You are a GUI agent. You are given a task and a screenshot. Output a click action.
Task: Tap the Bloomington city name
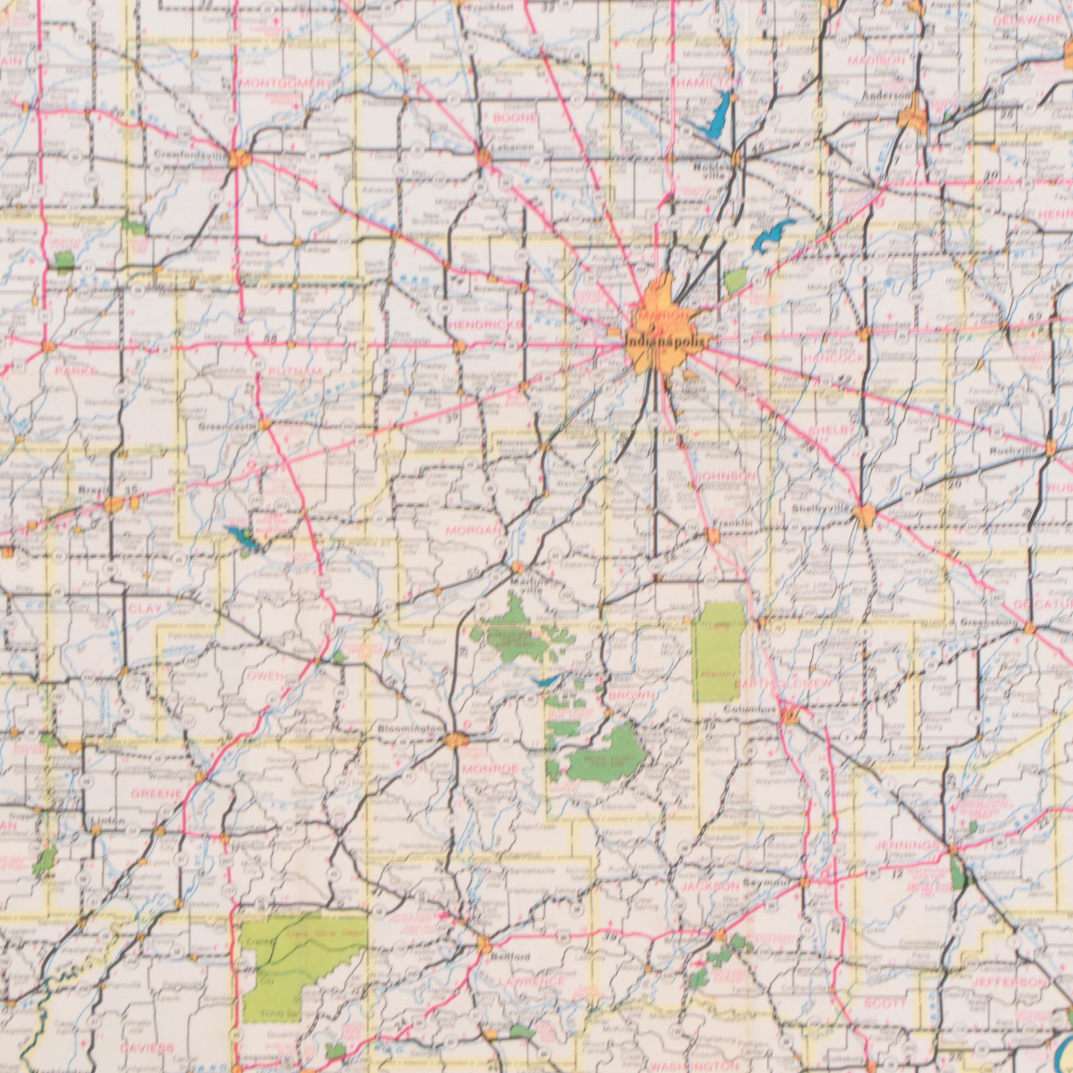pyautogui.click(x=410, y=729)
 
